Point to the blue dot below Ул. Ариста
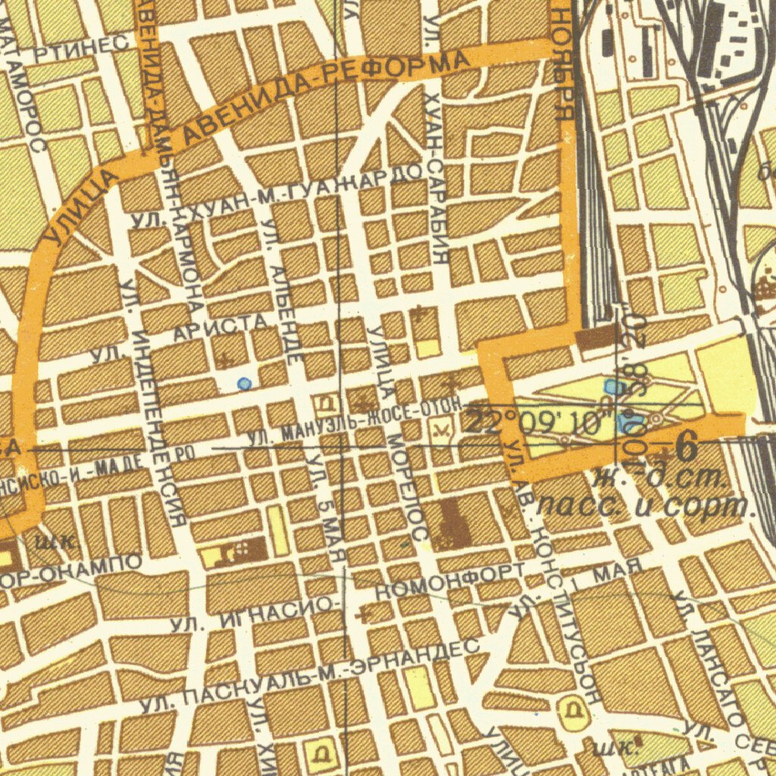pyautogui.click(x=243, y=384)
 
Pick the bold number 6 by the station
pyautogui.click(x=687, y=448)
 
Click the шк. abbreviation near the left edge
pyautogui.click(x=55, y=541)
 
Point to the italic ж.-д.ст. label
pyautogui.click(x=659, y=479)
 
